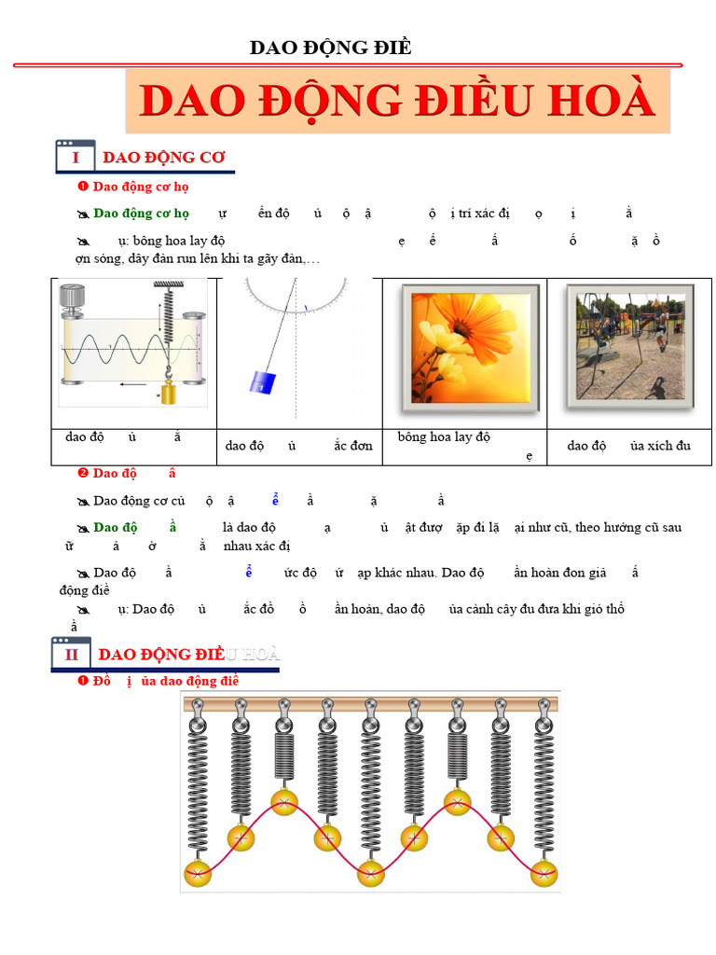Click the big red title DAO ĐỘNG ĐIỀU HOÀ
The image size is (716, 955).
pos(398,101)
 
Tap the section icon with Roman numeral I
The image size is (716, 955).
pos(76,157)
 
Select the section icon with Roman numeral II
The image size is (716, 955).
pos(71,654)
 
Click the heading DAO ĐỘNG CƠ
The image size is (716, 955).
pos(164,157)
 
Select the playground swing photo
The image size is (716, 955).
pos(629,346)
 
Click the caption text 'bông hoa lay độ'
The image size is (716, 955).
pos(444,436)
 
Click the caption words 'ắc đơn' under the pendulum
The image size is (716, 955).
pos(353,445)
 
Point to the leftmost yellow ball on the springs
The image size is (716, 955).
pos(198,875)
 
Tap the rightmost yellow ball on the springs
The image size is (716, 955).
pos(544,875)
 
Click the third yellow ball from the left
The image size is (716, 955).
pos(284,800)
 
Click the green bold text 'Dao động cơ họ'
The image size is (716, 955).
pos(142,213)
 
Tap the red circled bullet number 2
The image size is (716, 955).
pos(82,473)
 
